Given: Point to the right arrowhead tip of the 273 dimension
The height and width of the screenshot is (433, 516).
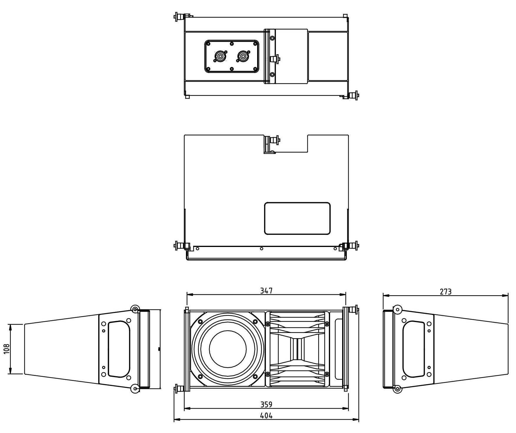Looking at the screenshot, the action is tap(508, 296).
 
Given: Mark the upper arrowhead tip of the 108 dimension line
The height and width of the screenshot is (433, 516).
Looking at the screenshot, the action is tap(11, 324).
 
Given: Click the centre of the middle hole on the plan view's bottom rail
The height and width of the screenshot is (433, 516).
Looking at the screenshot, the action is tap(262, 249).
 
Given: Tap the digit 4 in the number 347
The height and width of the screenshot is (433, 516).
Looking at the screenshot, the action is tap(267, 291).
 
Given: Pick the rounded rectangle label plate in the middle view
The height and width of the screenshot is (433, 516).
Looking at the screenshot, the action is tap(297, 218).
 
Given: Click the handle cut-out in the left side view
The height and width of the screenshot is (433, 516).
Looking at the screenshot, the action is tap(119, 349).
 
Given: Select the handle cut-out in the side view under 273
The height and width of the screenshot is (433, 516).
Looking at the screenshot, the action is tap(414, 349).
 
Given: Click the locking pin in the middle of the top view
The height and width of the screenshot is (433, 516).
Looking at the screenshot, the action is tap(275, 59).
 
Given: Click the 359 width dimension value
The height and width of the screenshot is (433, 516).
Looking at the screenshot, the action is tap(267, 404).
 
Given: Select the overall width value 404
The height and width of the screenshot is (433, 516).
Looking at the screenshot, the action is tap(267, 416).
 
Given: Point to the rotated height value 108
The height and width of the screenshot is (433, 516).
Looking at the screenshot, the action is tap(7, 349).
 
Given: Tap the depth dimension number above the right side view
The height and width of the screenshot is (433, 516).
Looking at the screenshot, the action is tap(446, 292).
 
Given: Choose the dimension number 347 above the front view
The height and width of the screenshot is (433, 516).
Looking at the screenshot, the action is tap(267, 291).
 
